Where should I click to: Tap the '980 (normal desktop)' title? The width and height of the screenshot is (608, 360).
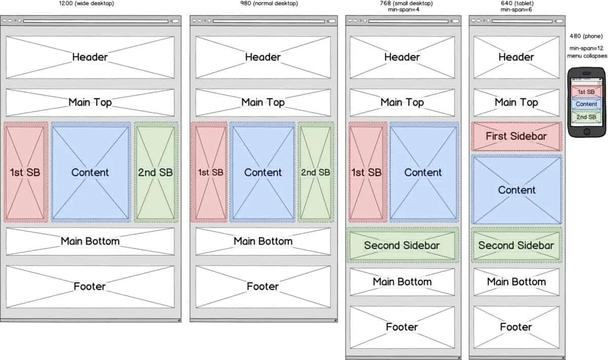point(269,4)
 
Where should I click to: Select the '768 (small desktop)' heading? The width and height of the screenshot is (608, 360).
point(403,4)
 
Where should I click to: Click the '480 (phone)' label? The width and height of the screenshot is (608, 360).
point(586,36)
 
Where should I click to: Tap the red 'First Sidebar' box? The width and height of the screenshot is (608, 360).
point(516,136)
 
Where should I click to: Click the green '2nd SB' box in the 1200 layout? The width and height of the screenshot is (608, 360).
point(156,172)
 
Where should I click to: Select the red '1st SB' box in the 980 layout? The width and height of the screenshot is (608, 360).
point(209,172)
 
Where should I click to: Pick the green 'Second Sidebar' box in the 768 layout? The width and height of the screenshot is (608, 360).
point(403,245)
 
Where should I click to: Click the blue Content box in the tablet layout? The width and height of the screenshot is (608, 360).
point(516,190)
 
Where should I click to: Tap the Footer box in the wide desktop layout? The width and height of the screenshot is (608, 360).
point(90,286)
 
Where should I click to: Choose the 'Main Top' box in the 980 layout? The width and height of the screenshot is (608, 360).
point(263,102)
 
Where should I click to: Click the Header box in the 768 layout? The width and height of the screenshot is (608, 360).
point(402,57)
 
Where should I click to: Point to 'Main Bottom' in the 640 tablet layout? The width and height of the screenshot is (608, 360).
point(516,282)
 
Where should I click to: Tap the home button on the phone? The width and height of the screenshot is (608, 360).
point(587,131)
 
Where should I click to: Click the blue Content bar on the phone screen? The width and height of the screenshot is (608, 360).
point(587,104)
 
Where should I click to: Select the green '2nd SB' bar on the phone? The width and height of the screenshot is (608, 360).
point(587,117)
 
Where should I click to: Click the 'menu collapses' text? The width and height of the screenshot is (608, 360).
point(587,56)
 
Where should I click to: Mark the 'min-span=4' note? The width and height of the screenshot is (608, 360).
point(404,10)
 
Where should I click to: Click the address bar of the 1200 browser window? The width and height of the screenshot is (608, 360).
point(95,21)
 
